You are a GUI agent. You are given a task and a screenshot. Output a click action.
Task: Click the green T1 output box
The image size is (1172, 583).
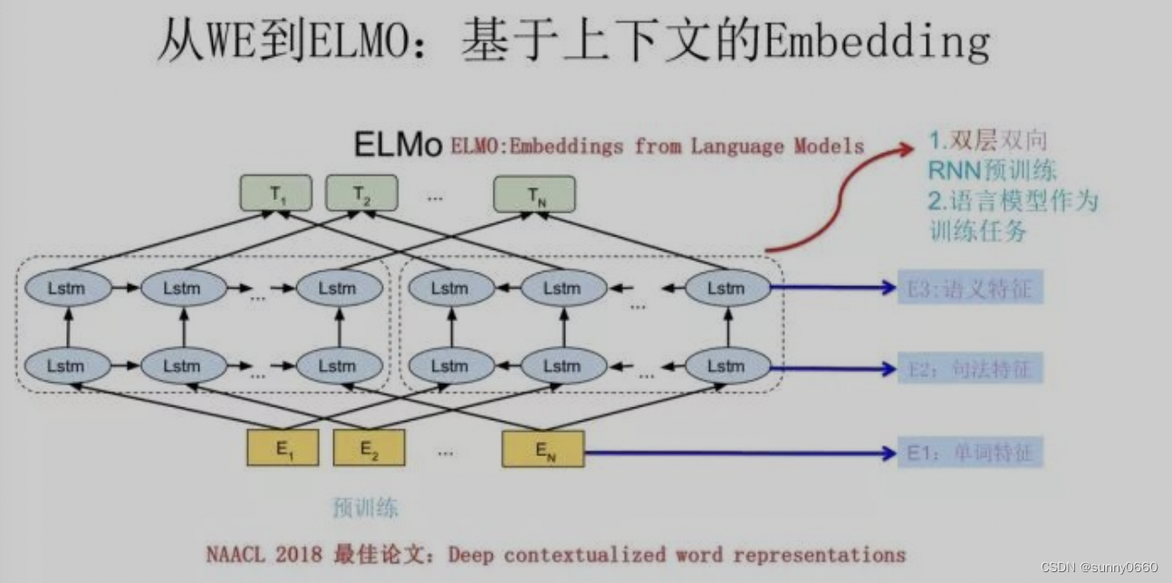click(275, 194)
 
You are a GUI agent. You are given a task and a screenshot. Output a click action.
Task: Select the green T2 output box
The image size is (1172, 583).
click(360, 194)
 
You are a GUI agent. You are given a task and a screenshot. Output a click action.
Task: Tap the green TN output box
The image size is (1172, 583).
click(534, 194)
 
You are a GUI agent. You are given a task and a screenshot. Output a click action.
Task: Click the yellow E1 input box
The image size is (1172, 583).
click(283, 448)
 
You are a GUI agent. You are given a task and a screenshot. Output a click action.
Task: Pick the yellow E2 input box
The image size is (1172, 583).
click(369, 448)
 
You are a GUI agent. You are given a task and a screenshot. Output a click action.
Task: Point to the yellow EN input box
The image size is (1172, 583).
click(543, 448)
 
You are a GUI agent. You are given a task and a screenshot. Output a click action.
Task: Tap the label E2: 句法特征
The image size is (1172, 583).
click(970, 368)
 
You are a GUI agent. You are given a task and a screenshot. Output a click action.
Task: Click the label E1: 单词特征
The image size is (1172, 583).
click(970, 452)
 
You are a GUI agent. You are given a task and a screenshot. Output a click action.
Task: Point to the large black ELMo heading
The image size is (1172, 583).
click(397, 145)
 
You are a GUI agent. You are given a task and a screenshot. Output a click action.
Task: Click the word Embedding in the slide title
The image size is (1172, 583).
click(876, 42)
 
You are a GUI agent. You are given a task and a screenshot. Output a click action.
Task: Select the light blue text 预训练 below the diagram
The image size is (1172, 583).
click(365, 507)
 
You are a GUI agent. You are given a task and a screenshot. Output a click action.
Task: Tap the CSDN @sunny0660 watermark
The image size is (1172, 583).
click(1100, 568)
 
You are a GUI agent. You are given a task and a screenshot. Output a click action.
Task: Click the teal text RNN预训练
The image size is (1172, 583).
click(993, 170)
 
